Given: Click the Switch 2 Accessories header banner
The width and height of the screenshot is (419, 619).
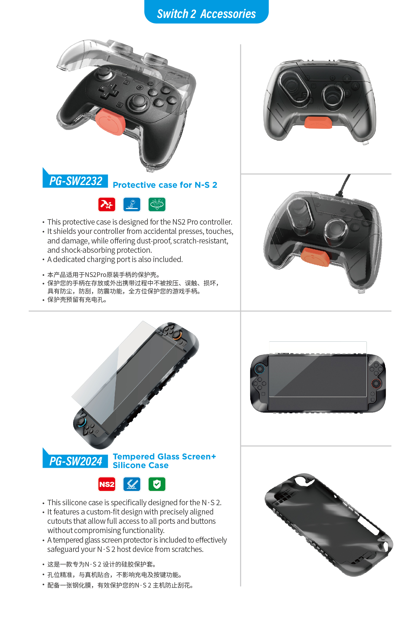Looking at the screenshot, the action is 207,12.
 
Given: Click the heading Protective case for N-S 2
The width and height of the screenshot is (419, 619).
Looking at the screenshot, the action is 165,185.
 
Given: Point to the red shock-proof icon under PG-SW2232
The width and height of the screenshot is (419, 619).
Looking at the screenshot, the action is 107,205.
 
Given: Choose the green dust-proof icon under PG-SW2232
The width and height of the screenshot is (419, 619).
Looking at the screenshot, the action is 157,205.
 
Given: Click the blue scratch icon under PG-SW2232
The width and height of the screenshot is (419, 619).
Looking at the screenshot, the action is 132,205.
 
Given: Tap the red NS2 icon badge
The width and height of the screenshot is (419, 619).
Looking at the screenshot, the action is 107,484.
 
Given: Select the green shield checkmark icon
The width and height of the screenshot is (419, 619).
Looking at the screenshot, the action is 157,484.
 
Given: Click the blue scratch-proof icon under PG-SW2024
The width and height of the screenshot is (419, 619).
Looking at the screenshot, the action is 132,484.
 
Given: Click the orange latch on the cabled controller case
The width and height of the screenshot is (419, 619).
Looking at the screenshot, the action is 316,257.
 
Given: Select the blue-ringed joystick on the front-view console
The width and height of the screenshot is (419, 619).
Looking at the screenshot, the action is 260,369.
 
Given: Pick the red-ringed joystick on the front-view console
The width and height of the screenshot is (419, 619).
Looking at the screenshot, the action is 376,383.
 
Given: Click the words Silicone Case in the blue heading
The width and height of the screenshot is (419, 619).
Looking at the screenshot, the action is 141,465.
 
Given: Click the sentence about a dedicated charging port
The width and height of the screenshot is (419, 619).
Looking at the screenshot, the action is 115,259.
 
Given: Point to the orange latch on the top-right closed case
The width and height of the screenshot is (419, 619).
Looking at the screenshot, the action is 318,122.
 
